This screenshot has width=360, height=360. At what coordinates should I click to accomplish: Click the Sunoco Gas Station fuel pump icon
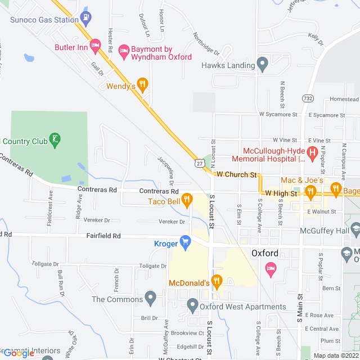[x=85, y=17]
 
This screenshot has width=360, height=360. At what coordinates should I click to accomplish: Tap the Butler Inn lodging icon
[x=96, y=45]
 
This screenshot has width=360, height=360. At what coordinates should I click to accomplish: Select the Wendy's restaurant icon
[x=143, y=84]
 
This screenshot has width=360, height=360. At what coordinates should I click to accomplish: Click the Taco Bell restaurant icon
[x=187, y=199]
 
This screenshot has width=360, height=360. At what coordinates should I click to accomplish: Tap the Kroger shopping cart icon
[x=185, y=242]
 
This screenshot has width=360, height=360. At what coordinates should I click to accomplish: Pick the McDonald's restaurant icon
[x=218, y=281]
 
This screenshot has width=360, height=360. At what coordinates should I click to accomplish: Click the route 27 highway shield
[x=200, y=163]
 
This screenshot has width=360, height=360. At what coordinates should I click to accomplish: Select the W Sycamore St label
[x=278, y=114]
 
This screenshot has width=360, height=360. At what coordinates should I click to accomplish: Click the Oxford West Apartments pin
[x=193, y=306]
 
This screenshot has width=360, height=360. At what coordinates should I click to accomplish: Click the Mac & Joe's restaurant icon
[x=310, y=192]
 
